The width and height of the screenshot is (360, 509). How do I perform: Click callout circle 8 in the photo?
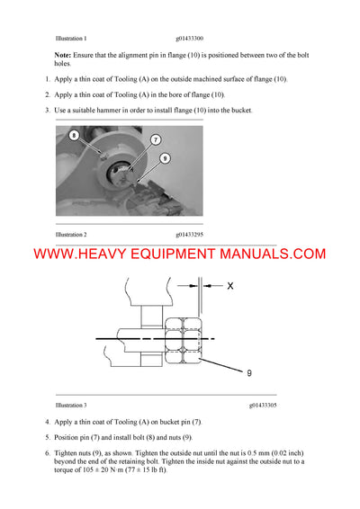point(75,136)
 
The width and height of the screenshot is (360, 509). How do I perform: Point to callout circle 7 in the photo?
point(155,139)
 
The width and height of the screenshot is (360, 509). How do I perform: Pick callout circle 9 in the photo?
point(165,158)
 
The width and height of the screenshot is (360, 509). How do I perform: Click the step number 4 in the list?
point(47,422)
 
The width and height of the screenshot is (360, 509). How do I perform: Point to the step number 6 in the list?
point(47,452)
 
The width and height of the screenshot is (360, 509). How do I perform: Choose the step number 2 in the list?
point(47,94)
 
